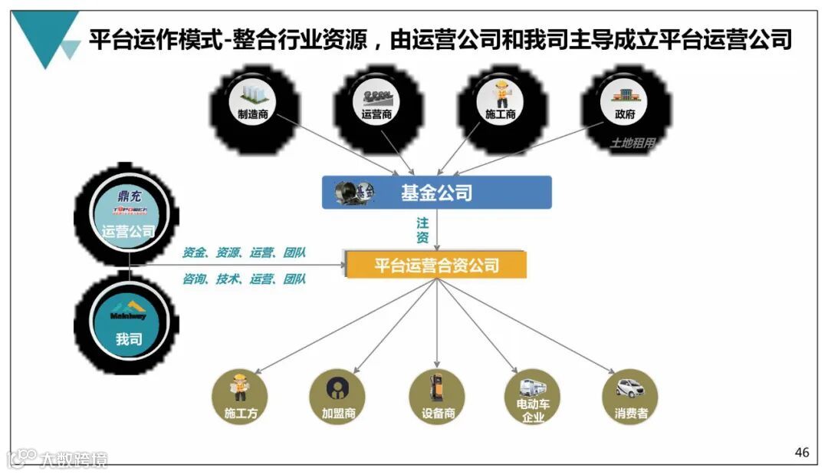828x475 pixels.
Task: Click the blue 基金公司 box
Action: (436, 193)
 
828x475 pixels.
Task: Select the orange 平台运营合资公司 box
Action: (436, 266)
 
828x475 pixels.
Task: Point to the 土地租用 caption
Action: (632, 143)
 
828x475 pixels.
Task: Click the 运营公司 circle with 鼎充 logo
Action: (128, 215)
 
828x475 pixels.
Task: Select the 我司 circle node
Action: (128, 322)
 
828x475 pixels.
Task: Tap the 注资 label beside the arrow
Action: (422, 230)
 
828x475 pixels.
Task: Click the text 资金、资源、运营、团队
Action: (244, 252)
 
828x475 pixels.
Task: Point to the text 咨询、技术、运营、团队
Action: (244, 279)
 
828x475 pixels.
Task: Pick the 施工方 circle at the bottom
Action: (239, 397)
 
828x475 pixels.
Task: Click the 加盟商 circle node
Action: (337, 397)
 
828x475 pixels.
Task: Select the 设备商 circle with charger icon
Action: (438, 397)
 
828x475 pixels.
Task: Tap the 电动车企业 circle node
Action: (532, 397)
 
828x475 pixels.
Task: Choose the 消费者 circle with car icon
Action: (630, 397)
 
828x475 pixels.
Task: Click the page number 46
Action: (801, 453)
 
